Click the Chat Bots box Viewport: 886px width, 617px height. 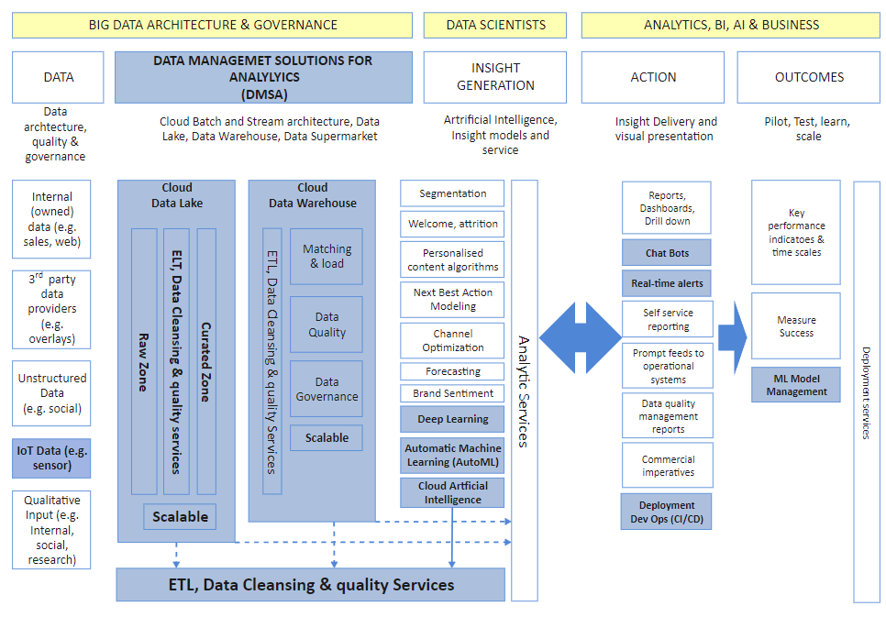pos(667,252)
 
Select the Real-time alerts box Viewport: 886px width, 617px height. pos(667,284)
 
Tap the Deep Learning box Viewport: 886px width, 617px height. pos(452,420)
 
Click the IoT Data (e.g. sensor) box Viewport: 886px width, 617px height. pos(52,458)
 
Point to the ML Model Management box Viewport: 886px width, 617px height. pos(796,385)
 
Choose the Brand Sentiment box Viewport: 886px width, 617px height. pos(452,393)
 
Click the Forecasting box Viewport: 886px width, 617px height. pos(452,371)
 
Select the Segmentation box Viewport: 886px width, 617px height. pos(452,193)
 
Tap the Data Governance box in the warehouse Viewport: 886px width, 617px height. pos(327,389)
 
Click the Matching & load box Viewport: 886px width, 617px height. pos(327,256)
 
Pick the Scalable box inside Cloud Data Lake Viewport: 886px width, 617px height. pos(180,516)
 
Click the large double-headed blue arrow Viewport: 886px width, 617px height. pos(581,336)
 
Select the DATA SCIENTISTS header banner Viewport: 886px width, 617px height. pos(496,25)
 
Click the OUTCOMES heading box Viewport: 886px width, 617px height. pos(809,77)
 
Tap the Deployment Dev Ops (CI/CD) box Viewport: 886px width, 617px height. pos(667,512)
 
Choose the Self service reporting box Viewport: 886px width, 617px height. pos(667,319)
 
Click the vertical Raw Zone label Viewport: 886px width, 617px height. pos(144,361)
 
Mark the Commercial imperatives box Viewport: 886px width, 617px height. pos(667,466)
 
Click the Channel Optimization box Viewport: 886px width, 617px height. pos(452,340)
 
